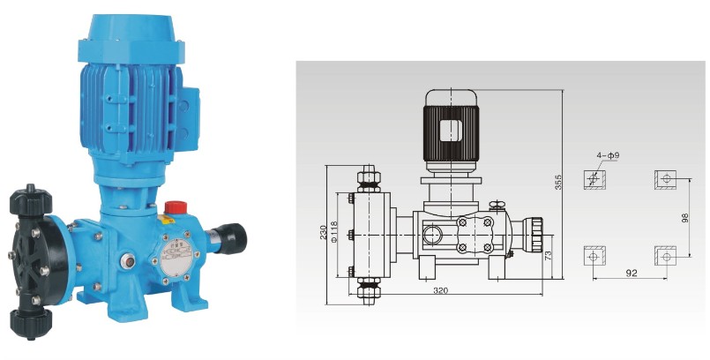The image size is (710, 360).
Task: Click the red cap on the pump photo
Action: click(176, 207)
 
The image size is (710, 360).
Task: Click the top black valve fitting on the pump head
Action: click(31, 200)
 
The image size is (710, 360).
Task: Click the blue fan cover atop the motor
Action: click(131, 39)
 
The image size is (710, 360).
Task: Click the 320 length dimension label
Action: click(440, 290)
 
